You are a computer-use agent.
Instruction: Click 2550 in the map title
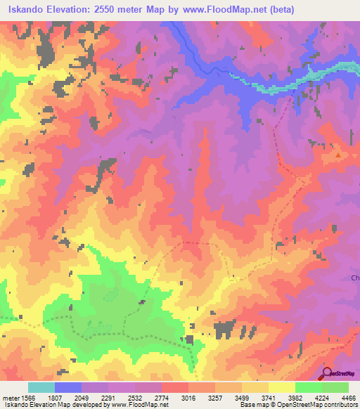106,9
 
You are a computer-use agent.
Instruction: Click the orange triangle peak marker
338,155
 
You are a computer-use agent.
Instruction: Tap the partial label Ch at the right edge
355,278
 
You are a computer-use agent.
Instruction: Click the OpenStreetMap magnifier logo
326,373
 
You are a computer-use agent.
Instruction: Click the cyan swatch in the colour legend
41,387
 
